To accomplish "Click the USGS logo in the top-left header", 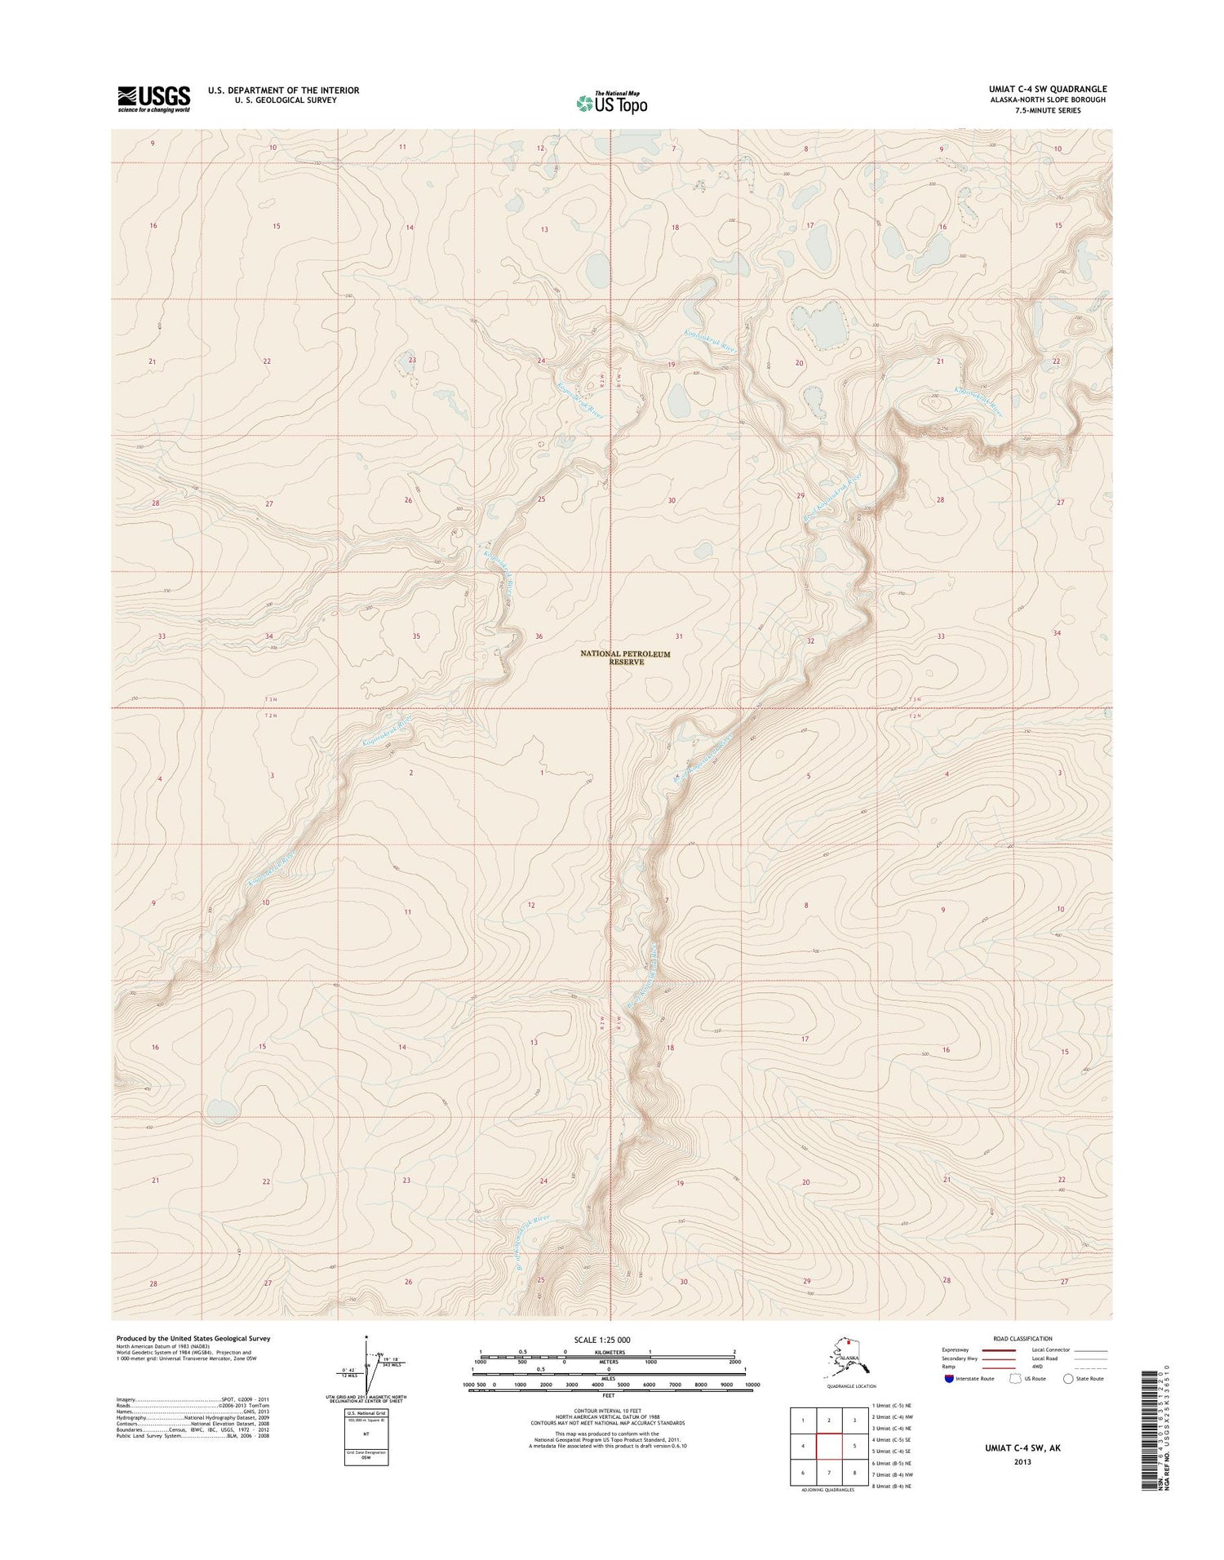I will coord(153,99).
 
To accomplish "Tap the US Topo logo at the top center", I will coord(611,103).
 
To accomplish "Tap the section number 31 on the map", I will coord(678,636).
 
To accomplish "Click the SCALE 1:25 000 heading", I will coord(603,1340).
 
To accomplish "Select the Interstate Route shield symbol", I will coord(947,1378).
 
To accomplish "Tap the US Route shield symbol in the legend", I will coord(1014,1378).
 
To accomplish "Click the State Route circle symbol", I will coord(1068,1378).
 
